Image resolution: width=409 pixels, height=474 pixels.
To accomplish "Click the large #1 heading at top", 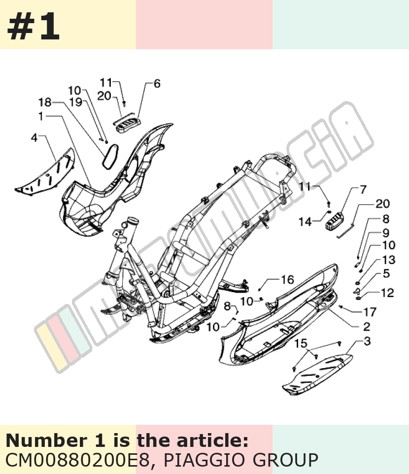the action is point(33,26).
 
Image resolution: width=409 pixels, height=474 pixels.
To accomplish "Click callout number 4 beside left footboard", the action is point(34,138).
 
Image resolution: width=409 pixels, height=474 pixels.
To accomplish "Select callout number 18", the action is point(45,102).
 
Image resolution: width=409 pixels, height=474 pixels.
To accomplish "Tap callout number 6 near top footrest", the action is point(157,84).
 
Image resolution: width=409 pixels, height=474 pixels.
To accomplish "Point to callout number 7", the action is point(363,190).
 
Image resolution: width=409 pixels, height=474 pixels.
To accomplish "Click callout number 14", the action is point(305,222).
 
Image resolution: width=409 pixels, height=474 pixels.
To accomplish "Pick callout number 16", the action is point(287,280).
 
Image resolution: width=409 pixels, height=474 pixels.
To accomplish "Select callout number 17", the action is point(370,312).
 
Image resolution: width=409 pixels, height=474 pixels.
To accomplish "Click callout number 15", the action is point(301,343).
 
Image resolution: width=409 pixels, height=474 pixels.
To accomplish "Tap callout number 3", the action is point(367,341).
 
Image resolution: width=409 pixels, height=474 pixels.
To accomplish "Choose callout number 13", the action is point(389,260).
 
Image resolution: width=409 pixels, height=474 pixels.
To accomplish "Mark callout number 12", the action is point(387,293).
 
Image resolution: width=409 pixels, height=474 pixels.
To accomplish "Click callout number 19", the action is point(76,102).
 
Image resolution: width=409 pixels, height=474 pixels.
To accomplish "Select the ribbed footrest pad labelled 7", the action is point(334,223).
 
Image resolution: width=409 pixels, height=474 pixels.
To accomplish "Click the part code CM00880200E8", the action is point(77,460).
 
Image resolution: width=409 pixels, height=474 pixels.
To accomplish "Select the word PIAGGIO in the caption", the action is point(205,460).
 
